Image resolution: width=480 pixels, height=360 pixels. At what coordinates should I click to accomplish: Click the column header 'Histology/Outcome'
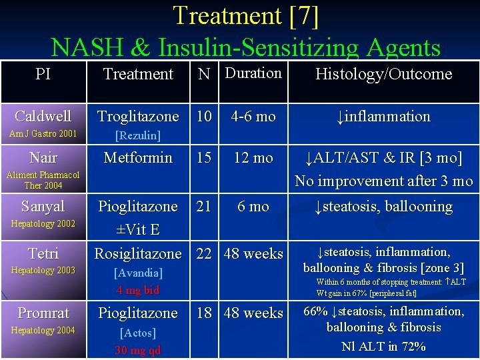pos(383,74)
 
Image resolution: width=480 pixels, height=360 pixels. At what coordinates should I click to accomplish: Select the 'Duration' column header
pos(253,73)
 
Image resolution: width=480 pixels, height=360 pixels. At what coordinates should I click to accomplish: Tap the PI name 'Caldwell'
pos(43,116)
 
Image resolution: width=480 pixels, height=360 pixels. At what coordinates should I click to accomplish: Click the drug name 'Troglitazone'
pos(138,116)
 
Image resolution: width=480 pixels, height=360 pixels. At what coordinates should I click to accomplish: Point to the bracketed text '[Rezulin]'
pos(138,136)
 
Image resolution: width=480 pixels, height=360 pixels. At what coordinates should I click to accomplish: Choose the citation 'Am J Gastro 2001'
pos(43,134)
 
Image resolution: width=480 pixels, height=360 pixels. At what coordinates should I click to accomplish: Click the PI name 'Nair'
pos(43,158)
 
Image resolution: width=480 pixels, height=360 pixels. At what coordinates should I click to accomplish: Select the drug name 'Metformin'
pos(138,158)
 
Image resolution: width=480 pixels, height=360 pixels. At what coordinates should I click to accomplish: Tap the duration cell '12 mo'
pos(253,158)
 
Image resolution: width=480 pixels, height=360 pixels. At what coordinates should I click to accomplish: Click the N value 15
pos(204,158)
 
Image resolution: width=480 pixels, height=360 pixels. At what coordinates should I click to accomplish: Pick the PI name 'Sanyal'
pos(43,206)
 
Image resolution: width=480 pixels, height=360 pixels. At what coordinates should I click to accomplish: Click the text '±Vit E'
pos(138,229)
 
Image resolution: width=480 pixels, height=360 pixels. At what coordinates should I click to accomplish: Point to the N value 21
pos(204,206)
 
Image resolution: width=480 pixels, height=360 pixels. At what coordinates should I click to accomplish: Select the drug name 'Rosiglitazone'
pos(138,253)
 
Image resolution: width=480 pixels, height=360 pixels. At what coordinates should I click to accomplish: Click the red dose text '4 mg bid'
pos(138,290)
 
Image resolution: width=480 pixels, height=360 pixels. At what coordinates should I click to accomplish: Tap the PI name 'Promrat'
pos(43,313)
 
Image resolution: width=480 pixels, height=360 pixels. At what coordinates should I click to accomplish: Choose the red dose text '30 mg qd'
pos(138,350)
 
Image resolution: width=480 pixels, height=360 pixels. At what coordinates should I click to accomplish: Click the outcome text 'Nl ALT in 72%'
pos(383,346)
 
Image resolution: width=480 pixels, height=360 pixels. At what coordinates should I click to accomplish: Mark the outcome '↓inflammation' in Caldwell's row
pos(383,116)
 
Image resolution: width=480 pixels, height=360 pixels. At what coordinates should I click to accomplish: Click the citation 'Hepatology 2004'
pos(43,331)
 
